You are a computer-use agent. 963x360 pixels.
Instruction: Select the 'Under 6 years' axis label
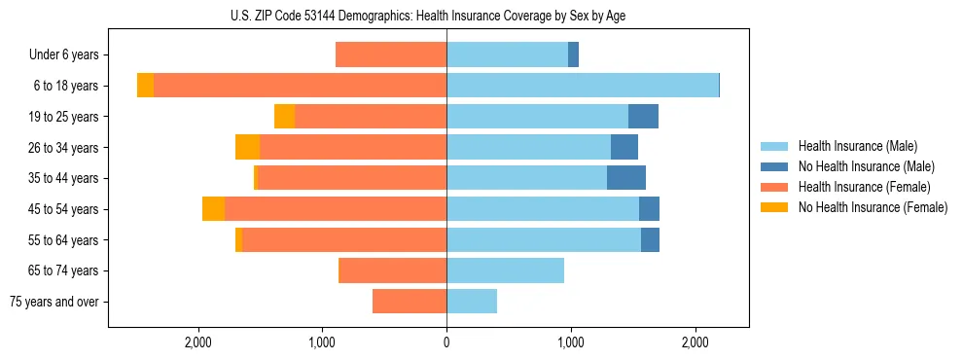click(x=63, y=54)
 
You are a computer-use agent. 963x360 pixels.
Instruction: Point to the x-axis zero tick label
click(x=446, y=342)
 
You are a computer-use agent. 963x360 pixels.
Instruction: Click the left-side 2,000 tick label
click(x=198, y=342)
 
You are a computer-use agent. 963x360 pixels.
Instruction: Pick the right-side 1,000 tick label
click(x=570, y=342)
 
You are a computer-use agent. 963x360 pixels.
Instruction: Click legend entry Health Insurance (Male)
click(x=857, y=146)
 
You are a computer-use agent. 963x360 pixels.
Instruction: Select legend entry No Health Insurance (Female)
click(x=873, y=207)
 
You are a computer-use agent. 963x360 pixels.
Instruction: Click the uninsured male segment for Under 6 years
click(x=574, y=54)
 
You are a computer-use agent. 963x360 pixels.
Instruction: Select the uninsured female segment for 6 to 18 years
click(x=145, y=86)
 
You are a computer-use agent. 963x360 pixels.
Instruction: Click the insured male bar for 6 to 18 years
click(x=582, y=86)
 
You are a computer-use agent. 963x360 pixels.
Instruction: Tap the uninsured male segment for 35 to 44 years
click(x=626, y=178)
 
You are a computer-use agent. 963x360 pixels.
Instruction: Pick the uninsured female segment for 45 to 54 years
click(x=213, y=209)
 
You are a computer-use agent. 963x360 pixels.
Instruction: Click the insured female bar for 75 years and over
click(x=410, y=302)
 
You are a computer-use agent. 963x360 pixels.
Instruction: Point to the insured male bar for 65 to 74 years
click(x=505, y=270)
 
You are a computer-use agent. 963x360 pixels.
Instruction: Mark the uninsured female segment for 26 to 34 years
click(x=247, y=147)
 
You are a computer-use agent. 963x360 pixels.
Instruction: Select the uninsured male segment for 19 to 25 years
click(x=643, y=117)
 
